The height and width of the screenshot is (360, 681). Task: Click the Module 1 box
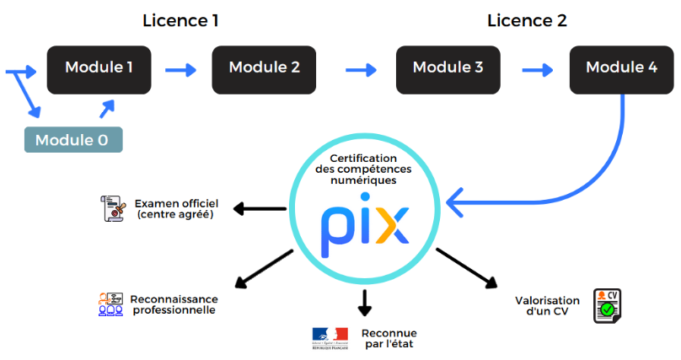pyautogui.click(x=99, y=67)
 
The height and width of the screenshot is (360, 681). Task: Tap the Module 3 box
pyautogui.click(x=448, y=67)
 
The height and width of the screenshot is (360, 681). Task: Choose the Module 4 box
pyautogui.click(x=621, y=67)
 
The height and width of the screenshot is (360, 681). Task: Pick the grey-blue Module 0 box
pyautogui.click(x=72, y=139)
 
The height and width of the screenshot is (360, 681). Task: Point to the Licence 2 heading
pyautogui.click(x=527, y=20)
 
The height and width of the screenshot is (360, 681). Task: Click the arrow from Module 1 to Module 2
pyautogui.click(x=180, y=68)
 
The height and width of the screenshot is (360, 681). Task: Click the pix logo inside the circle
pyautogui.click(x=365, y=224)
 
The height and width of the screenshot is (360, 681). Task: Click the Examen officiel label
pyautogui.click(x=176, y=209)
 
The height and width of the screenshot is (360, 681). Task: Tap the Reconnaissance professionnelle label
pyautogui.click(x=174, y=304)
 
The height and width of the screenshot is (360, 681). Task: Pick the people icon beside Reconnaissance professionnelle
pyautogui.click(x=110, y=304)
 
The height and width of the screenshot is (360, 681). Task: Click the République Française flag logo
pyautogui.click(x=330, y=337)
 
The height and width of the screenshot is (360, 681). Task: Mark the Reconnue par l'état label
pyautogui.click(x=389, y=338)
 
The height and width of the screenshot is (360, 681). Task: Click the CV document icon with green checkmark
pyautogui.click(x=607, y=305)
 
